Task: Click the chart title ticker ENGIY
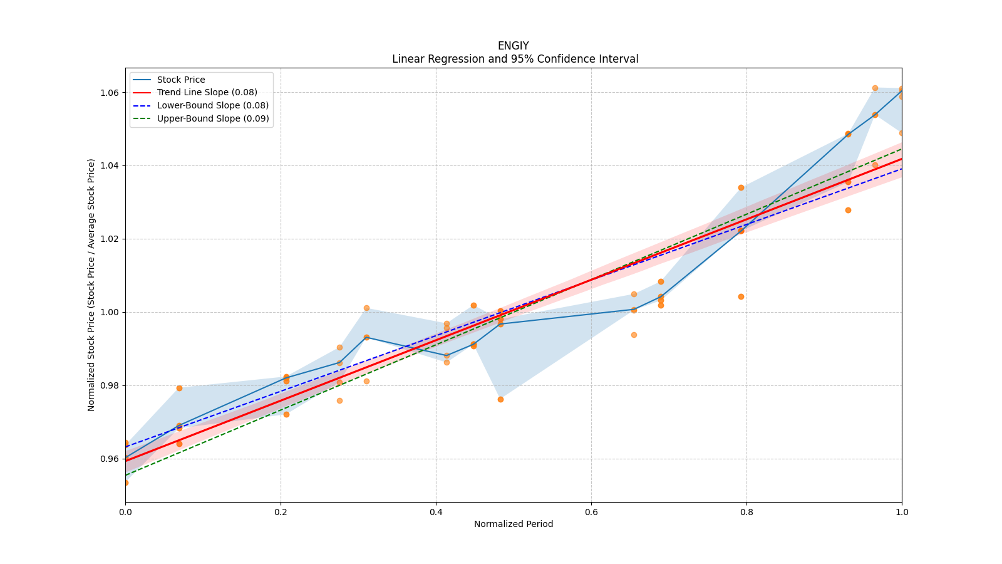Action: coord(513,46)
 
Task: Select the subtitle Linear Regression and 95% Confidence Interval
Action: coord(515,59)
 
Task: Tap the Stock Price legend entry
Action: coord(181,80)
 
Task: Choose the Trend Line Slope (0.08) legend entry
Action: coord(207,93)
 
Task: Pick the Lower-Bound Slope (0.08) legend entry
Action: coord(212,105)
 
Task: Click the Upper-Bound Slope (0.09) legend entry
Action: coord(213,118)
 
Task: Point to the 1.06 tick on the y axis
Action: coord(110,93)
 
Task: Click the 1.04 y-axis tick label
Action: coord(110,166)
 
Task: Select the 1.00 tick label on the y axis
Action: coord(110,312)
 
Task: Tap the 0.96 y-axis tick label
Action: coord(110,459)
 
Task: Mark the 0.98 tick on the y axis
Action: coord(110,385)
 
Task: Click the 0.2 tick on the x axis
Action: coord(281,512)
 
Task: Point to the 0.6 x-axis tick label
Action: coord(591,512)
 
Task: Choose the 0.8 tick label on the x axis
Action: coord(746,512)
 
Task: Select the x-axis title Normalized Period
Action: coord(514,524)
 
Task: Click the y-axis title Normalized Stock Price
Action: coord(91,285)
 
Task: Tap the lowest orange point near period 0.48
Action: coord(500,399)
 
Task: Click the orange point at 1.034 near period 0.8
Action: coord(741,187)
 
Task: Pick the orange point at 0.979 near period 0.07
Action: coord(179,388)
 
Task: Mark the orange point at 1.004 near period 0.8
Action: coord(741,296)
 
